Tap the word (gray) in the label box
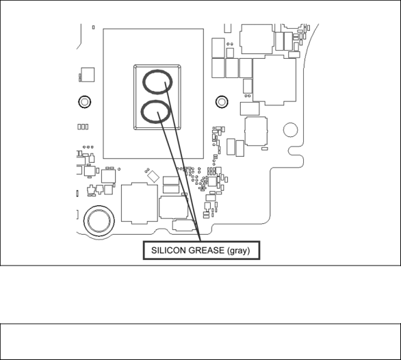238,250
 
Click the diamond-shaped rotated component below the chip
153,177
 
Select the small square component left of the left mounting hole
88,75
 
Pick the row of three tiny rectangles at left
83,127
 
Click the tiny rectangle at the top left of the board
93,27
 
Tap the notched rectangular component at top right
257,39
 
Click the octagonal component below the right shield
256,131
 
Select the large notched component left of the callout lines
140,203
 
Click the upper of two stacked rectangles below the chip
171,181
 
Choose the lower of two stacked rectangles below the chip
171,190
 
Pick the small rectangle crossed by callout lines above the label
183,225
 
